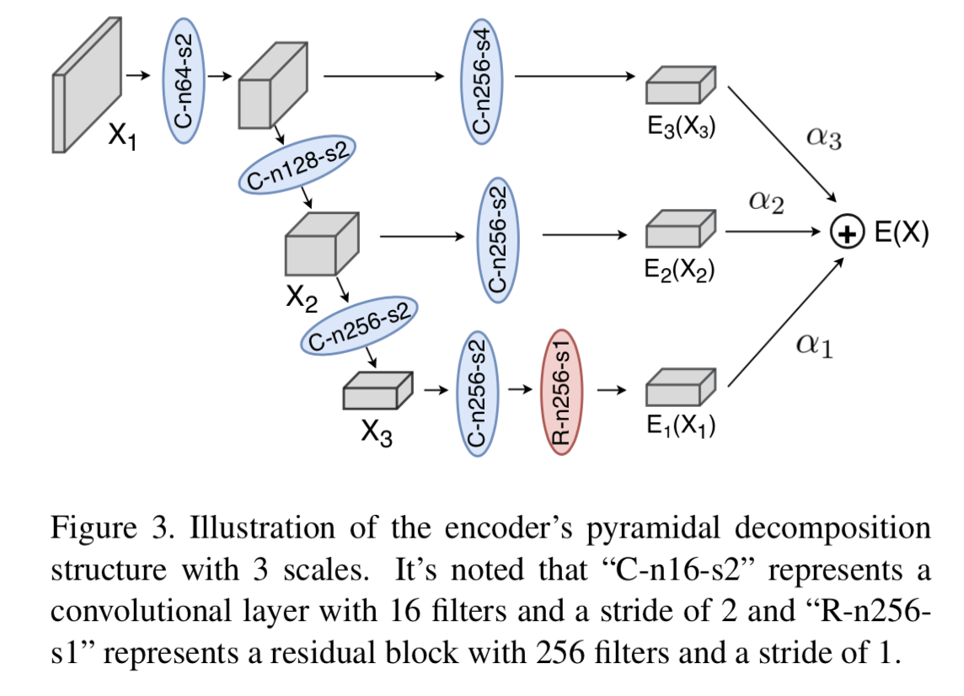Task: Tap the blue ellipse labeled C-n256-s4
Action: (481, 79)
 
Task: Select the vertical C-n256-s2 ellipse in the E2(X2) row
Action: (499, 238)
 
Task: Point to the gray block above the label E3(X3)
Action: (680, 87)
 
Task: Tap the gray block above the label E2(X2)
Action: (680, 230)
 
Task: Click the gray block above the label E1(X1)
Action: (680, 389)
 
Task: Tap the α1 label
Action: (814, 345)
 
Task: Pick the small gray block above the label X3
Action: (377, 392)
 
